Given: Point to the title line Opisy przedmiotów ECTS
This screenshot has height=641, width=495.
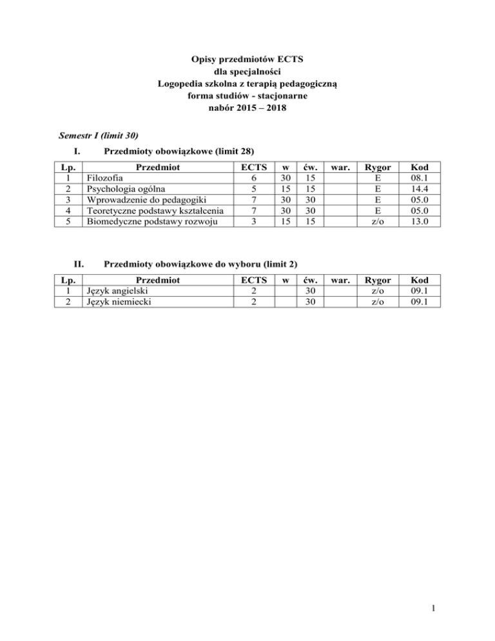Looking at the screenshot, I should [247, 60].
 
